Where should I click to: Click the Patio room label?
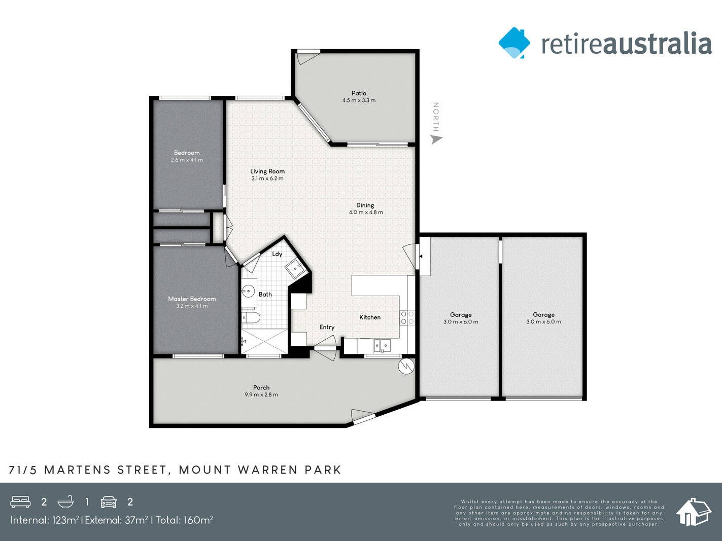click(359, 93)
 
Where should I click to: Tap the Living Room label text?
click(267, 171)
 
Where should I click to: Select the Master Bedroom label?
click(192, 299)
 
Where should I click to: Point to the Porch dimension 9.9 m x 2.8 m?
click(261, 394)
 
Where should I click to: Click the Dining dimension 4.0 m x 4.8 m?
click(366, 212)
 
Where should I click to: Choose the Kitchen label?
click(370, 317)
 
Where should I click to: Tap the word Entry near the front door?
click(327, 328)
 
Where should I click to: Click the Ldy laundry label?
click(277, 254)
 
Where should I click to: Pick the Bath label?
click(265, 295)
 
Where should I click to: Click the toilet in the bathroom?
click(251, 318)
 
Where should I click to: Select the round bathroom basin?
click(248, 291)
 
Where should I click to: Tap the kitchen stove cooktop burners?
click(407, 318)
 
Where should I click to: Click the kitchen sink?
click(382, 346)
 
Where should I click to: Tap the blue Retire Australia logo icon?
click(514, 43)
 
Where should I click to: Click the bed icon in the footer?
click(20, 502)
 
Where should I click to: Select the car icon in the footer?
click(109, 502)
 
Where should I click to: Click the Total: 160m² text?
click(184, 520)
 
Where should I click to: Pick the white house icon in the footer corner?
click(693, 512)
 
